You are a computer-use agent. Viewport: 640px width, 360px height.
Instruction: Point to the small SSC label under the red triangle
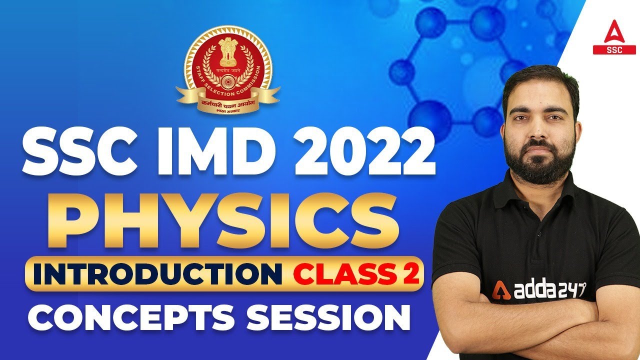point(611,50)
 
